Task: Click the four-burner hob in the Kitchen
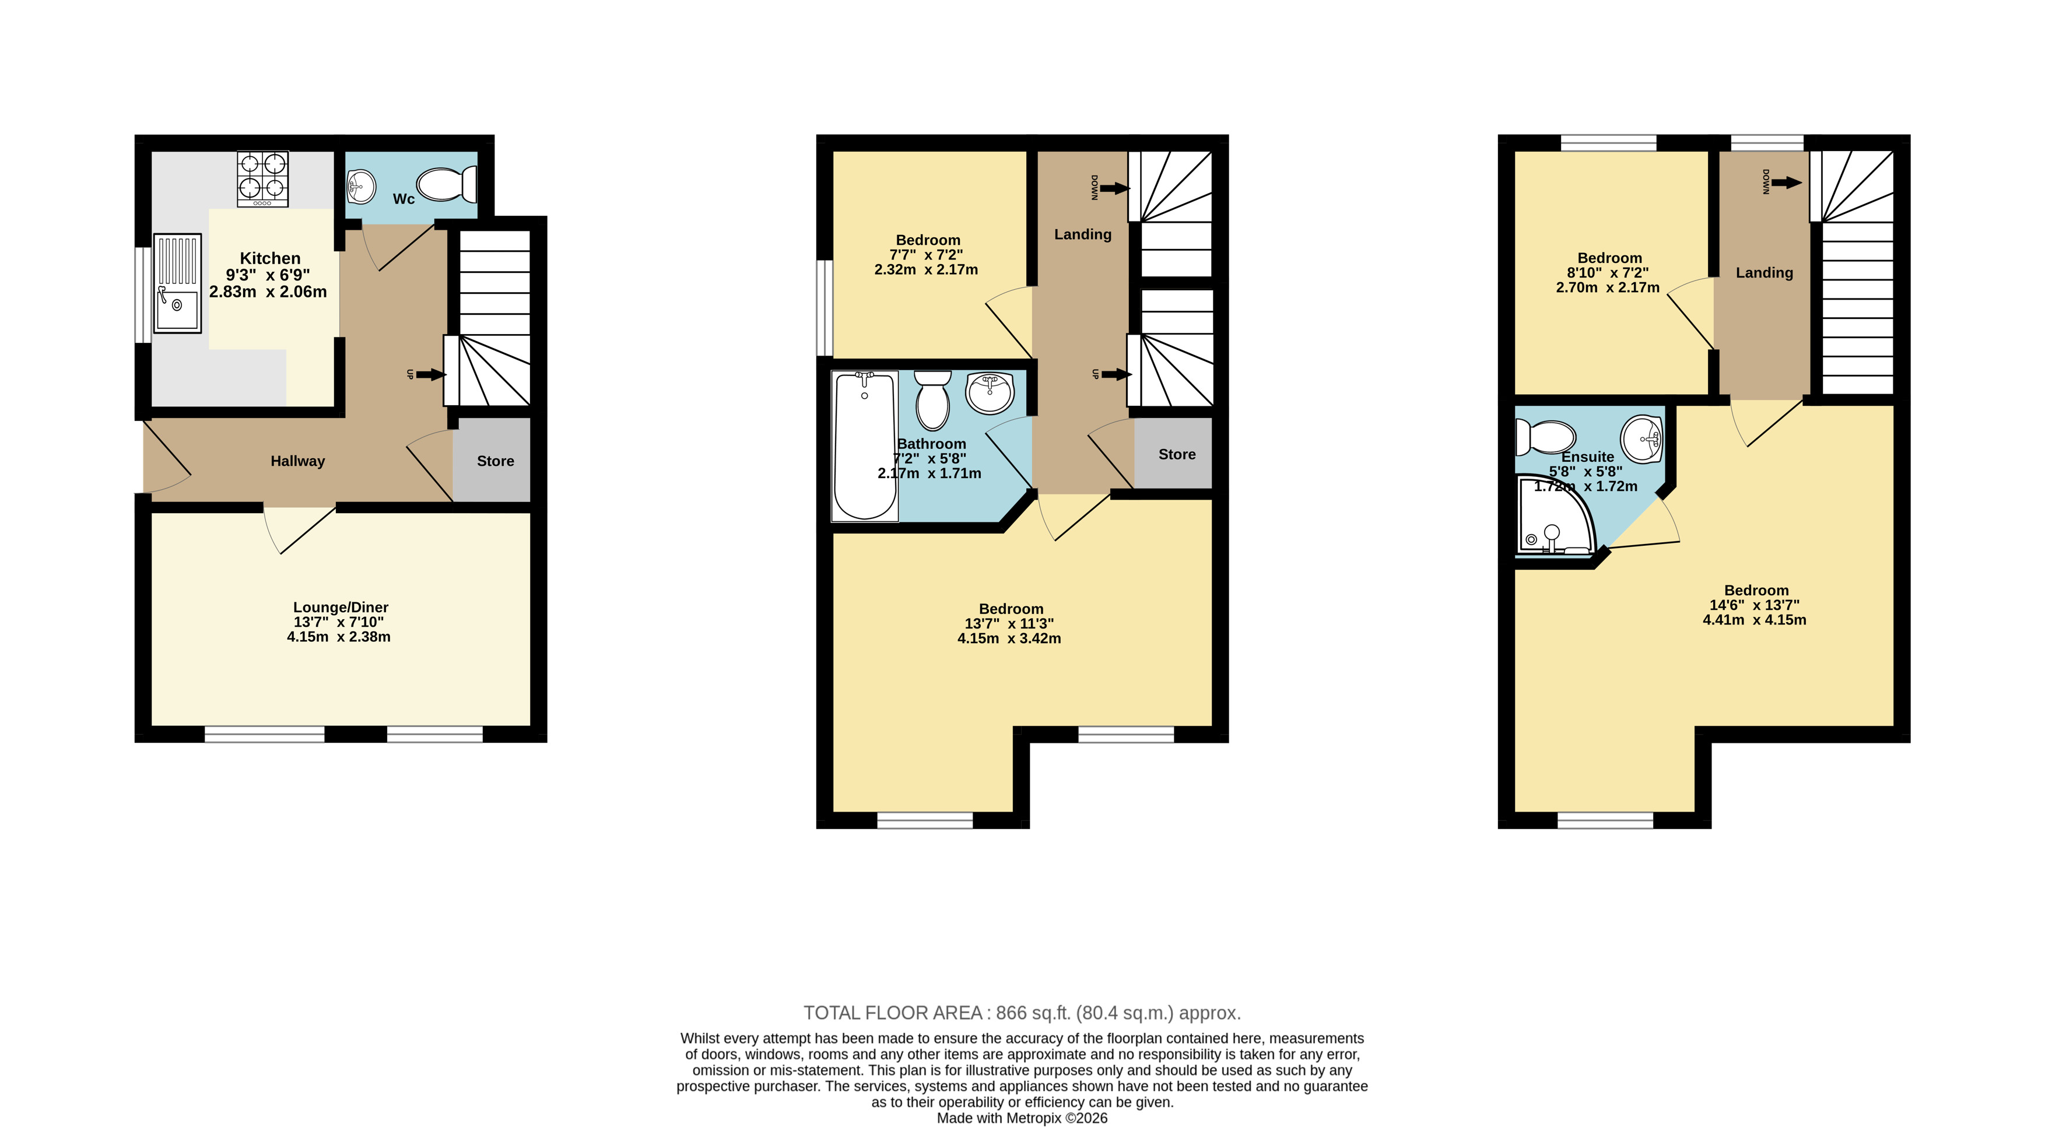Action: (262, 180)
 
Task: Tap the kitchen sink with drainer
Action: (177, 283)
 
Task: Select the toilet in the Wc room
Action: (447, 184)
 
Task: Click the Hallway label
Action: (298, 461)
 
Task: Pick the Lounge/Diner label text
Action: (341, 607)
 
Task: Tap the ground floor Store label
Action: (496, 461)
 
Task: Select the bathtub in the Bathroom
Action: (865, 446)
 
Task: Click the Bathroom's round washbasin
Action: (990, 393)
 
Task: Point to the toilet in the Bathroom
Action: (932, 400)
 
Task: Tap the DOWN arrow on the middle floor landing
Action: (1114, 188)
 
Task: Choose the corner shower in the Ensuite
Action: (1555, 514)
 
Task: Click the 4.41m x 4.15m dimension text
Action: (1755, 620)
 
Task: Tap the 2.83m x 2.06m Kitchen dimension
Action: (268, 292)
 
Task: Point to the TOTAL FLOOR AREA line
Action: (1022, 1013)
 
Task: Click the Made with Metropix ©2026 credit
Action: (1022, 1118)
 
